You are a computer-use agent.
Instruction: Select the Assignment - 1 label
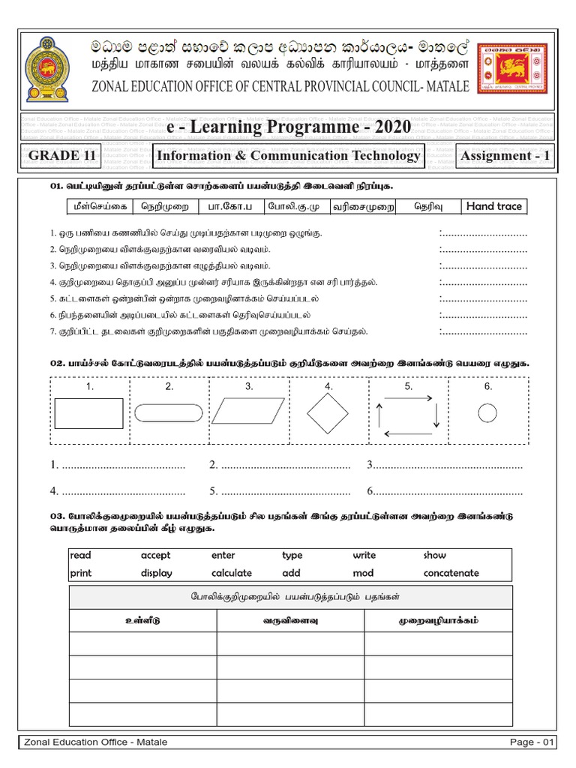[x=506, y=156]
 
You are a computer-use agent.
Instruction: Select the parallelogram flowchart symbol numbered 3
[x=249, y=412]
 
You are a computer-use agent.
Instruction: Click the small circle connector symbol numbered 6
[x=487, y=412]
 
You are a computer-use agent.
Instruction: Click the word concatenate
[x=451, y=573]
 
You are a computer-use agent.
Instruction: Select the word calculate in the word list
[x=232, y=573]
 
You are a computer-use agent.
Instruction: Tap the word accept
[x=155, y=556]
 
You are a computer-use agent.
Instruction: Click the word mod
[x=363, y=573]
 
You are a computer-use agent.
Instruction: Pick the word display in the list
[x=156, y=573]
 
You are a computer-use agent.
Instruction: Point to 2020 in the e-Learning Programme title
[x=387, y=127]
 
